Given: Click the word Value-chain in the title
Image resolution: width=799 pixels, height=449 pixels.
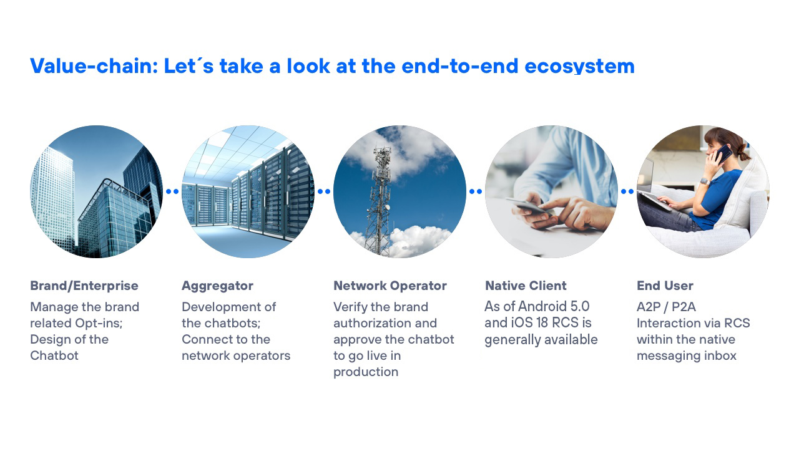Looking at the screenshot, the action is click(x=94, y=66).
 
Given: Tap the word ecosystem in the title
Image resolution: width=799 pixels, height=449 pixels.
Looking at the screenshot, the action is click(x=580, y=67).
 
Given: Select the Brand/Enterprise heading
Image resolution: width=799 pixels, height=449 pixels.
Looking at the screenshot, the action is click(x=84, y=286).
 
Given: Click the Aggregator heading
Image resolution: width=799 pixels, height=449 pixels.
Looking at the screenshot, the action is click(x=218, y=286).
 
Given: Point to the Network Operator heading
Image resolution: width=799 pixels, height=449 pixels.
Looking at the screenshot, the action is click(x=390, y=286).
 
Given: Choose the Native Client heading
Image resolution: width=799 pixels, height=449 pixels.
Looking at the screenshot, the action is click(x=526, y=286).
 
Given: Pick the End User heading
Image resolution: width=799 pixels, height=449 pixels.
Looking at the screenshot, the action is click(x=665, y=286).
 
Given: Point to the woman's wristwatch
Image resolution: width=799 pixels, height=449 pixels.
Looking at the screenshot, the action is click(x=705, y=181).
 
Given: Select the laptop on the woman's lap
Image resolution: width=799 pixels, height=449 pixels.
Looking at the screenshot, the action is click(x=653, y=193).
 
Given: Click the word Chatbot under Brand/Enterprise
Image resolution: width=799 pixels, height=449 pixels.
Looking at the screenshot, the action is click(x=54, y=355).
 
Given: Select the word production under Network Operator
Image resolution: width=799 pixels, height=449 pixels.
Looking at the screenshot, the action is click(x=366, y=372).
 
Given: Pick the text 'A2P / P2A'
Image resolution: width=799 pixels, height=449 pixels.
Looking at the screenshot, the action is click(x=666, y=307).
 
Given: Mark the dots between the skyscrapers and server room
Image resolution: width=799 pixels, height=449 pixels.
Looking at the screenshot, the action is click(x=172, y=191).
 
